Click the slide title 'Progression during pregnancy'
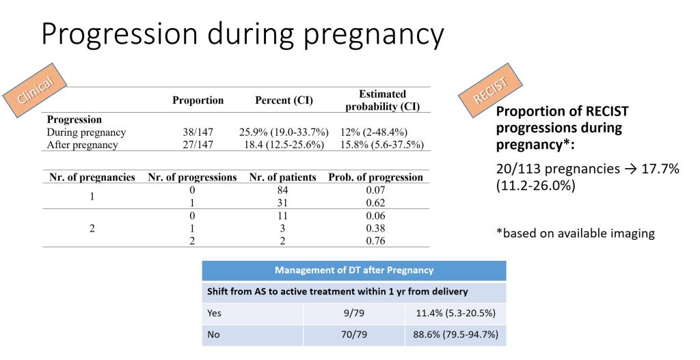point(242,34)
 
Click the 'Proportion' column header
point(198,100)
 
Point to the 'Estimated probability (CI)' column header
point(382,100)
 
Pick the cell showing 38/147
point(198,133)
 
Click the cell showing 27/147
point(198,145)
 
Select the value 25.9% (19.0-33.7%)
point(284,133)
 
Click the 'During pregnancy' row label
point(86,133)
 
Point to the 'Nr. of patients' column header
point(282,178)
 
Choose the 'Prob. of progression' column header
point(375,178)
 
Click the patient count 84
point(282,191)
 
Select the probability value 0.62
point(375,203)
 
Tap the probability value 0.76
point(375,240)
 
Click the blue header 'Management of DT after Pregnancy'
point(354,270)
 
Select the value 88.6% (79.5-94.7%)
point(456,335)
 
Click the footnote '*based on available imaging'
point(575,234)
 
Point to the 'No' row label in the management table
point(213,335)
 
